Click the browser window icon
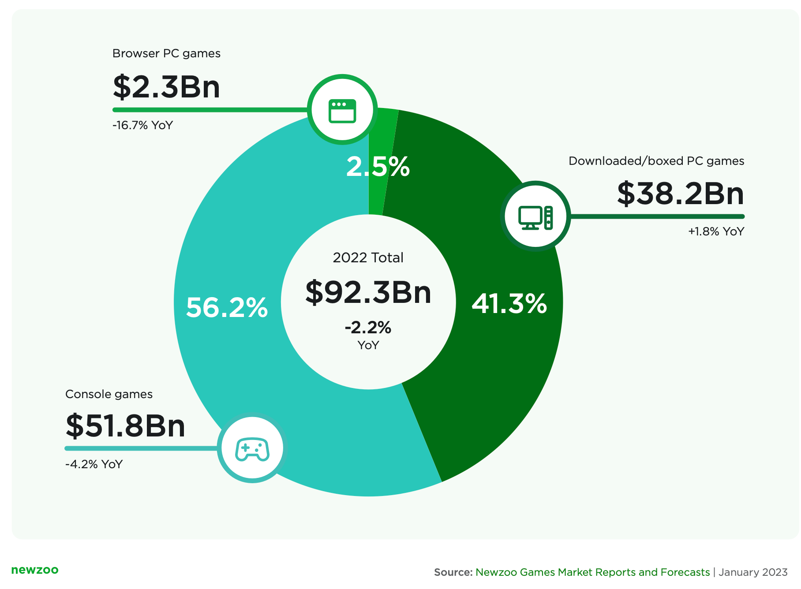(342, 110)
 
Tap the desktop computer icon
(535, 217)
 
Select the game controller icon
(252, 449)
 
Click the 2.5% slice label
(378, 167)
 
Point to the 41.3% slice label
(509, 304)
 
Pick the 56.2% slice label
(227, 307)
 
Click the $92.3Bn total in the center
(368, 292)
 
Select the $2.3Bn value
(166, 87)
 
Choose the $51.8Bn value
(125, 426)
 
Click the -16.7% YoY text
(142, 125)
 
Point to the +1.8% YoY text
(716, 231)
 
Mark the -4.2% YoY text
(94, 464)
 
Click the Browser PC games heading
(166, 53)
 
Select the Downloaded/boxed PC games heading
(656, 161)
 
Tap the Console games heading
(109, 394)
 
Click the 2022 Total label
(368, 257)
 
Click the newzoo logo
(35, 570)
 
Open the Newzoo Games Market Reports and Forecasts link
(592, 572)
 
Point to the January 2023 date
(753, 572)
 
